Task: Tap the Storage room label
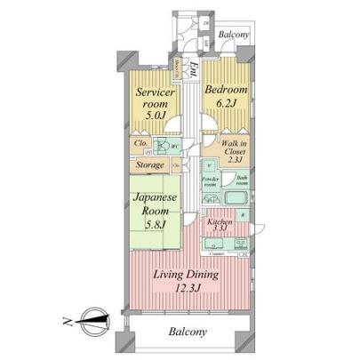[x=149, y=165]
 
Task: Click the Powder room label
[x=210, y=180]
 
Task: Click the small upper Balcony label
[x=233, y=35]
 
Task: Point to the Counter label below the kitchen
[x=217, y=253]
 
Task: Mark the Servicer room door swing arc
[x=176, y=124]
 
